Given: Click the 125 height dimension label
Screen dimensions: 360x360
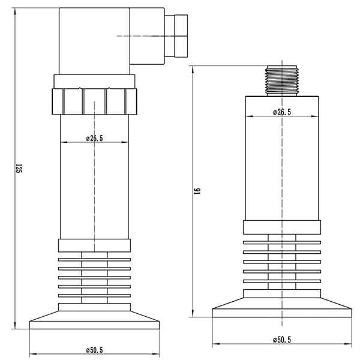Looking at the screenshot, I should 19,169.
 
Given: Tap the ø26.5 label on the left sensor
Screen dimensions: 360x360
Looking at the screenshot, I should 94,138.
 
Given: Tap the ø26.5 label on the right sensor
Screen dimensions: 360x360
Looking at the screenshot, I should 281,112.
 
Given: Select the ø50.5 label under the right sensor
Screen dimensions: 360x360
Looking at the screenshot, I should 281,340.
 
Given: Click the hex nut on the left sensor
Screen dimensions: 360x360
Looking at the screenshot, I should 95,101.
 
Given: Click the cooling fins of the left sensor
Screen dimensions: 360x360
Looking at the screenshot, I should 94,278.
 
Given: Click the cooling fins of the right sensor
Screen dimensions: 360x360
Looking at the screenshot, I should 281,262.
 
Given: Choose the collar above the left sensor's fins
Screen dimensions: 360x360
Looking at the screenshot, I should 94,245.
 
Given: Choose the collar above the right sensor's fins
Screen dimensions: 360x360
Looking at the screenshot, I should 281,227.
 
